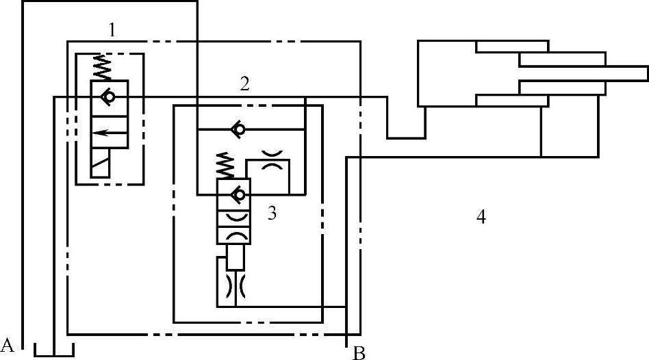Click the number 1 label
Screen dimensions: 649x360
pyautogui.click(x=112, y=29)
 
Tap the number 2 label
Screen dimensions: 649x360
pyautogui.click(x=244, y=84)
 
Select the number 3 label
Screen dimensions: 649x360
pyautogui.click(x=272, y=214)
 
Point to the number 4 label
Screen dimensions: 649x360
pyautogui.click(x=481, y=217)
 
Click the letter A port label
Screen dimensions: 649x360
pyautogui.click(x=8, y=343)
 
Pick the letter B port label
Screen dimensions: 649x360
pyautogui.click(x=358, y=353)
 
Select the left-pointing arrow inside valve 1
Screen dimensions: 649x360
pyautogui.click(x=110, y=133)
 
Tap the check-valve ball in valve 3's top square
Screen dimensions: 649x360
pyautogui.click(x=238, y=194)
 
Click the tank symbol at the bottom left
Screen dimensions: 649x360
pyautogui.click(x=54, y=350)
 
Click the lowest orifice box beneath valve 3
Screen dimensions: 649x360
pyautogui.click(x=235, y=290)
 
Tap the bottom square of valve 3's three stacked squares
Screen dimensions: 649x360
pyautogui.click(x=235, y=235)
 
